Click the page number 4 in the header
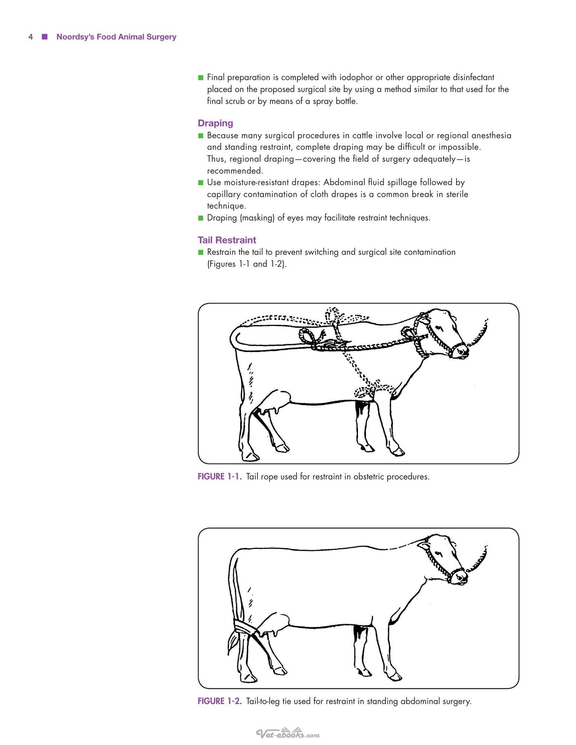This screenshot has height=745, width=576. (31, 37)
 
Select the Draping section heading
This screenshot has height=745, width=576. (215, 123)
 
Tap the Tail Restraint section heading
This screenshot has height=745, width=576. (227, 240)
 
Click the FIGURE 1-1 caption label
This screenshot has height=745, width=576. (220, 476)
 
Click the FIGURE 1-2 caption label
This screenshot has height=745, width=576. (220, 701)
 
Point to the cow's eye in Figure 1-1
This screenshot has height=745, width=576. (439, 328)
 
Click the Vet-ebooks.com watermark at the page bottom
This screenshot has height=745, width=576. (288, 733)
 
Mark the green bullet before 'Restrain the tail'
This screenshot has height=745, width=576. (201, 252)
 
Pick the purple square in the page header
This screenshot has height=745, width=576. (45, 37)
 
